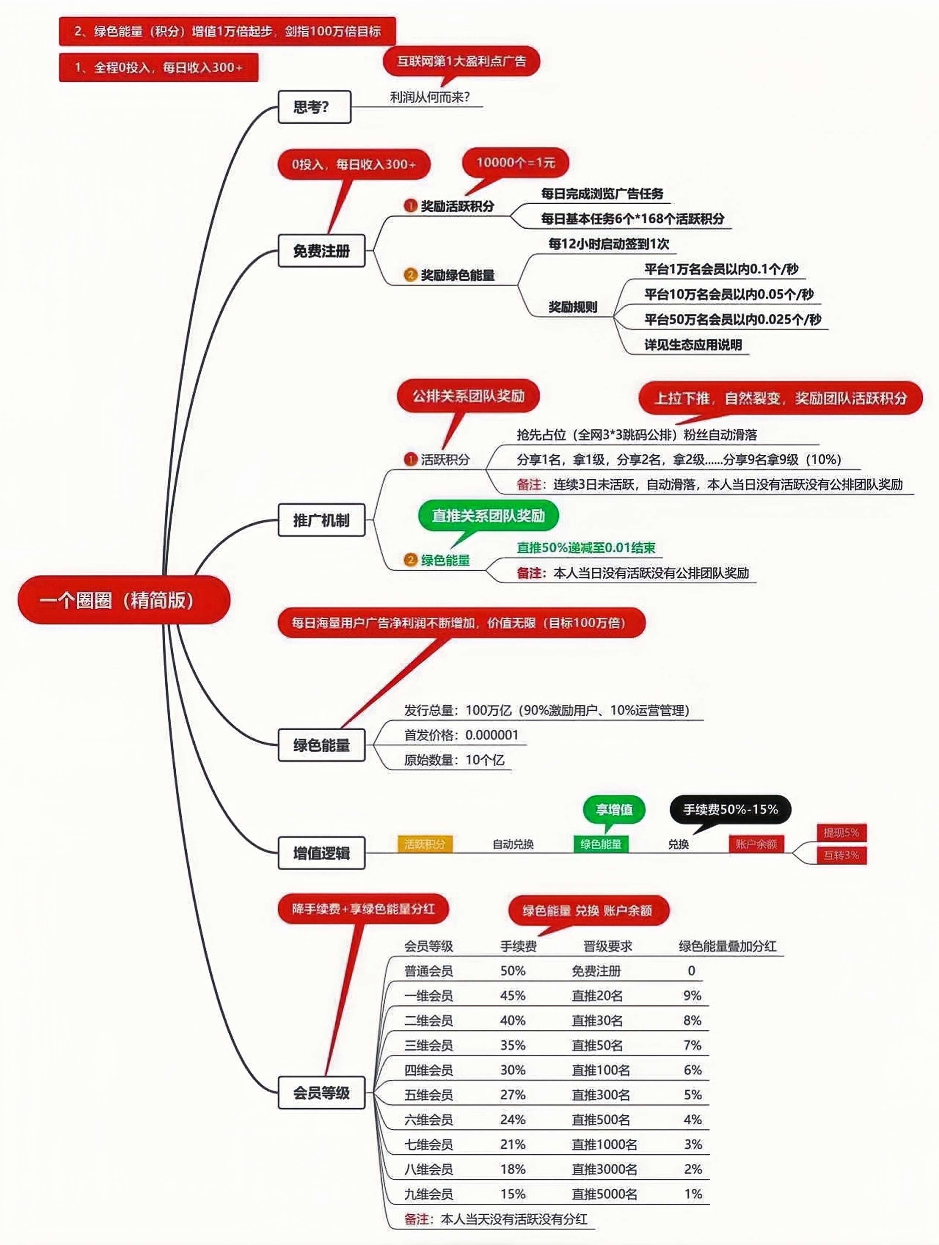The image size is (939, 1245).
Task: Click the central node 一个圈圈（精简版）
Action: click(x=124, y=600)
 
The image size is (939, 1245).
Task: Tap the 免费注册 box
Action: click(x=321, y=250)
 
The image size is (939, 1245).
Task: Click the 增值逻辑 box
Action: click(x=321, y=853)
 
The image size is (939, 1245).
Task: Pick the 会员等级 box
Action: click(x=321, y=1093)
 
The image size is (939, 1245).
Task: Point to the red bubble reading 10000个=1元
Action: click(x=515, y=163)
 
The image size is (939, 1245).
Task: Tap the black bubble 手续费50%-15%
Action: click(x=730, y=809)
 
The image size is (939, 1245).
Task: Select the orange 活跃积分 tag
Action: click(x=425, y=844)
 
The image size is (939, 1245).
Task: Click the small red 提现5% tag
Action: click(x=841, y=833)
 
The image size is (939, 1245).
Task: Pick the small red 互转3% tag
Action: click(x=841, y=855)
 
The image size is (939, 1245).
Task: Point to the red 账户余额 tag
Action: click(x=756, y=844)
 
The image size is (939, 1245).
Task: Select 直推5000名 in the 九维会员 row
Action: click(x=604, y=1194)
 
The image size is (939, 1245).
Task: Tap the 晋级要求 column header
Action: click(x=608, y=946)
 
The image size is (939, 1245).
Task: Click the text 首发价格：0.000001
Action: click(x=461, y=735)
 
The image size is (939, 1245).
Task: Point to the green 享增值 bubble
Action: click(x=614, y=809)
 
